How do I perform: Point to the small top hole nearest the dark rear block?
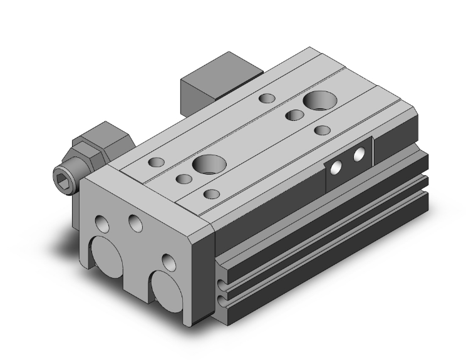tap(267, 98)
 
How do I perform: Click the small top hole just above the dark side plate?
tap(323, 130)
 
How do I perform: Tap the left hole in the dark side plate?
tap(337, 167)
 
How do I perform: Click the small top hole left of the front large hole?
tap(184, 180)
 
